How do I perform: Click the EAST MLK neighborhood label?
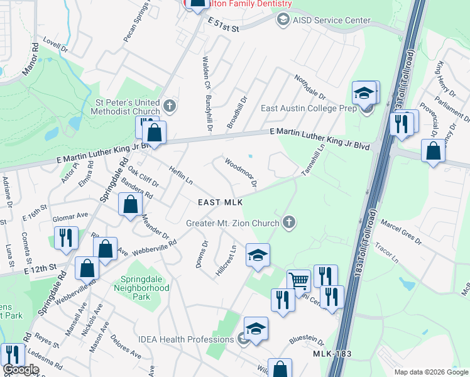point(220,202)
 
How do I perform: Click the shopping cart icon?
point(298,280)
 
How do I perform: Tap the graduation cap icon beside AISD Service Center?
point(283,20)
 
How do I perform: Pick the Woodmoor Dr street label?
point(241,172)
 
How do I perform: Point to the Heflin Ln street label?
point(180,175)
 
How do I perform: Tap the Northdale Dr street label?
point(310,87)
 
